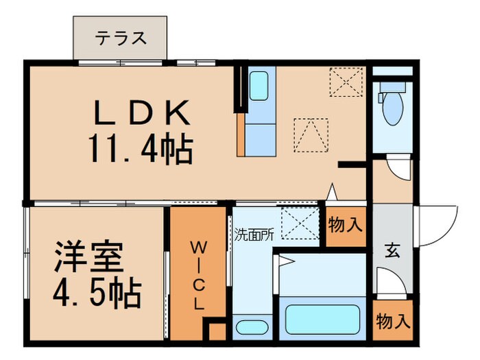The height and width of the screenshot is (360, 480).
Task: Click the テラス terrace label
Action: pos(121,38)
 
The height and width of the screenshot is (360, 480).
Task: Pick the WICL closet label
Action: pos(197,275)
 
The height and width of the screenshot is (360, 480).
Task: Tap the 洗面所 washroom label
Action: pos(254,234)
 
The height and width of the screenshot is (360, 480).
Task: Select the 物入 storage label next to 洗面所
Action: pos(345,225)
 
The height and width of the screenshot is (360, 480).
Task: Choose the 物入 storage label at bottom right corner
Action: pos(393,320)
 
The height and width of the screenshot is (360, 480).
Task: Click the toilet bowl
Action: pos(393,108)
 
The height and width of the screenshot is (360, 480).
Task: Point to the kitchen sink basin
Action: pos(259,86)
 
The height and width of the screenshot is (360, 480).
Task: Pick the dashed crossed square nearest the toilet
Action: pos(345,83)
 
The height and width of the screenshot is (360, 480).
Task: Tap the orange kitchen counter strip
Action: pos(241,134)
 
